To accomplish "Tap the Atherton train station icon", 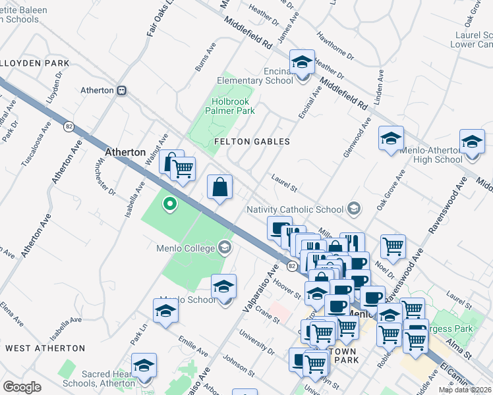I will [x=121, y=91].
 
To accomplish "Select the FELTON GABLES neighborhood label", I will [x=252, y=142].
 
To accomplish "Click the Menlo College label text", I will [x=186, y=248].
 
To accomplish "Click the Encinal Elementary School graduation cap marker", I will [x=303, y=63].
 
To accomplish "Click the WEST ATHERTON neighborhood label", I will [x=45, y=348].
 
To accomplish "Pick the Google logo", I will [x=22, y=387].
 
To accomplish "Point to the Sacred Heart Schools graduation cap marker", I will [x=144, y=365].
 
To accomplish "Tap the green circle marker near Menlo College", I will [x=170, y=204].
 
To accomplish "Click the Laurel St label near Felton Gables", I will [x=285, y=178].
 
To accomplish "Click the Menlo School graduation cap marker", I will [x=224, y=287].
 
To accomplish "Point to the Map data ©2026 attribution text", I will [x=465, y=390].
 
